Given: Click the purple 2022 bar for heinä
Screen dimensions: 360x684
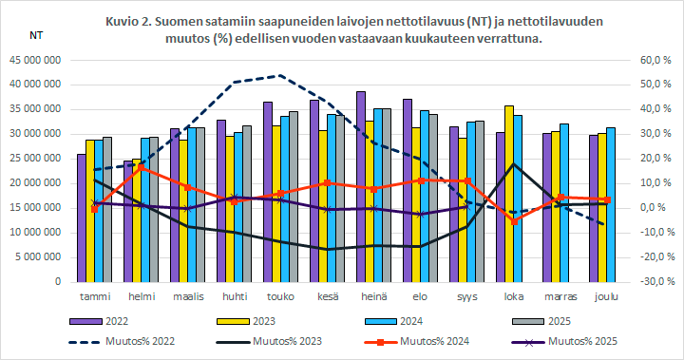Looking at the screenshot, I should pyautogui.click(x=361, y=190).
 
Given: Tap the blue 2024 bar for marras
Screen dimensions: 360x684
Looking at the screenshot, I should pyautogui.click(x=563, y=204).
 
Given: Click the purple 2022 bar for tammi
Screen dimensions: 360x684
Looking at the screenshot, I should pyautogui.click(x=82, y=218).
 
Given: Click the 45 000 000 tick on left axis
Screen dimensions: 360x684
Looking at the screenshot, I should pyautogui.click(x=35, y=60).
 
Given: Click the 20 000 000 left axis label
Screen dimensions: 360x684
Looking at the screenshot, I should pyautogui.click(x=35, y=183).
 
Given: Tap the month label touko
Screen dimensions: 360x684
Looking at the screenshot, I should pyautogui.click(x=280, y=294).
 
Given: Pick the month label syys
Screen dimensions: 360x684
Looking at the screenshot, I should pyautogui.click(x=465, y=294).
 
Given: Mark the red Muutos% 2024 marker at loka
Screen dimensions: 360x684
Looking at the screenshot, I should pyautogui.click(x=513, y=221).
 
